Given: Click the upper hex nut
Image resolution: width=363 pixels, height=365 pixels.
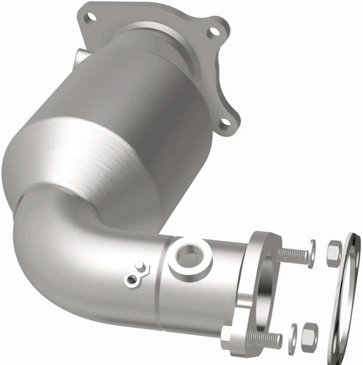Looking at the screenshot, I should [334, 253].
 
